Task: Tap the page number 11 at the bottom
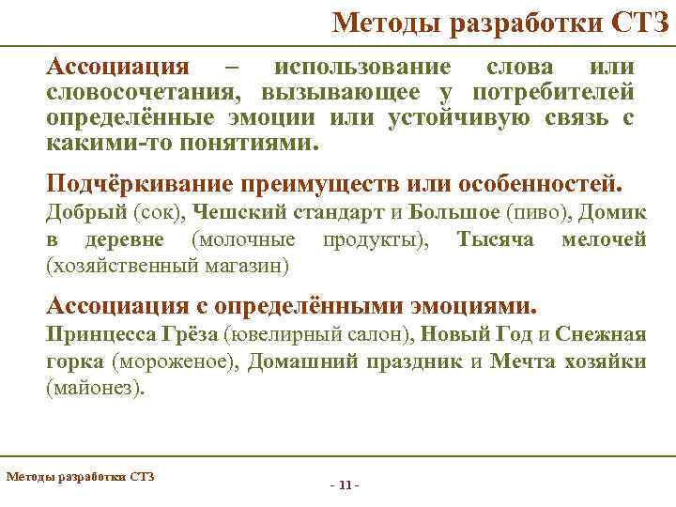[x=346, y=484]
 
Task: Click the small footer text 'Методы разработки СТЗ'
[x=80, y=476]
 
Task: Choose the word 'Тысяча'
[x=495, y=239]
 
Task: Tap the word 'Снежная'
[x=601, y=334]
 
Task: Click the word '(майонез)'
[x=97, y=388]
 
